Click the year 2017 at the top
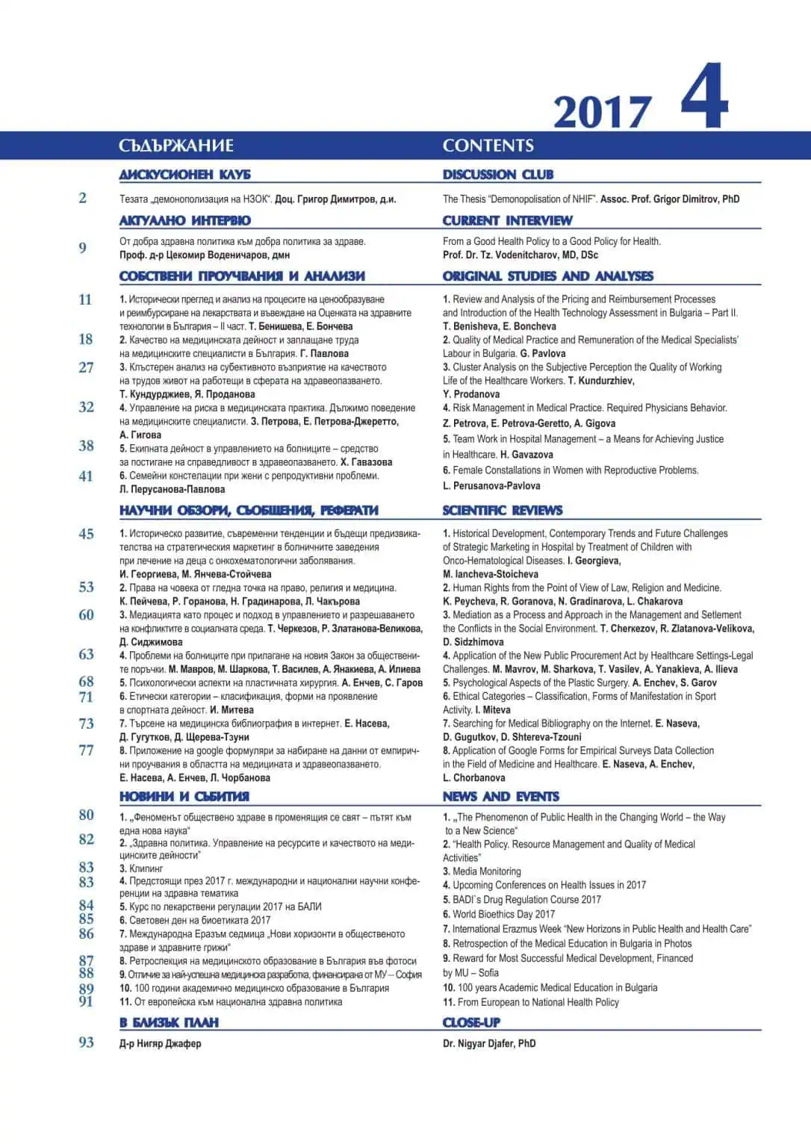coord(602,113)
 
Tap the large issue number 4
coord(704,97)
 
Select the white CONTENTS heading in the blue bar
coord(488,146)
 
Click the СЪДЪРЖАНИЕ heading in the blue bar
coord(176,146)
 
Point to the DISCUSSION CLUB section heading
coord(498,175)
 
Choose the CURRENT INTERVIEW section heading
coord(507,220)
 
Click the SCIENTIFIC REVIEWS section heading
coord(503,511)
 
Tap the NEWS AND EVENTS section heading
coord(500,797)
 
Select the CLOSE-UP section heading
coord(471,1023)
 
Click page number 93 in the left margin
coord(87,1042)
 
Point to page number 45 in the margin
coord(87,534)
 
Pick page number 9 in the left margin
coord(82,248)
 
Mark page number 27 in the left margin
coord(87,367)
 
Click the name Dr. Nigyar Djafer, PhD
coord(489,1043)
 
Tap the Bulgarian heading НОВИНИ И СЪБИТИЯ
coord(184,797)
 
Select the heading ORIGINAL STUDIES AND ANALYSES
coord(547,276)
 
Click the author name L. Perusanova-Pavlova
coord(491,485)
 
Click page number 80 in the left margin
coord(87,815)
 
